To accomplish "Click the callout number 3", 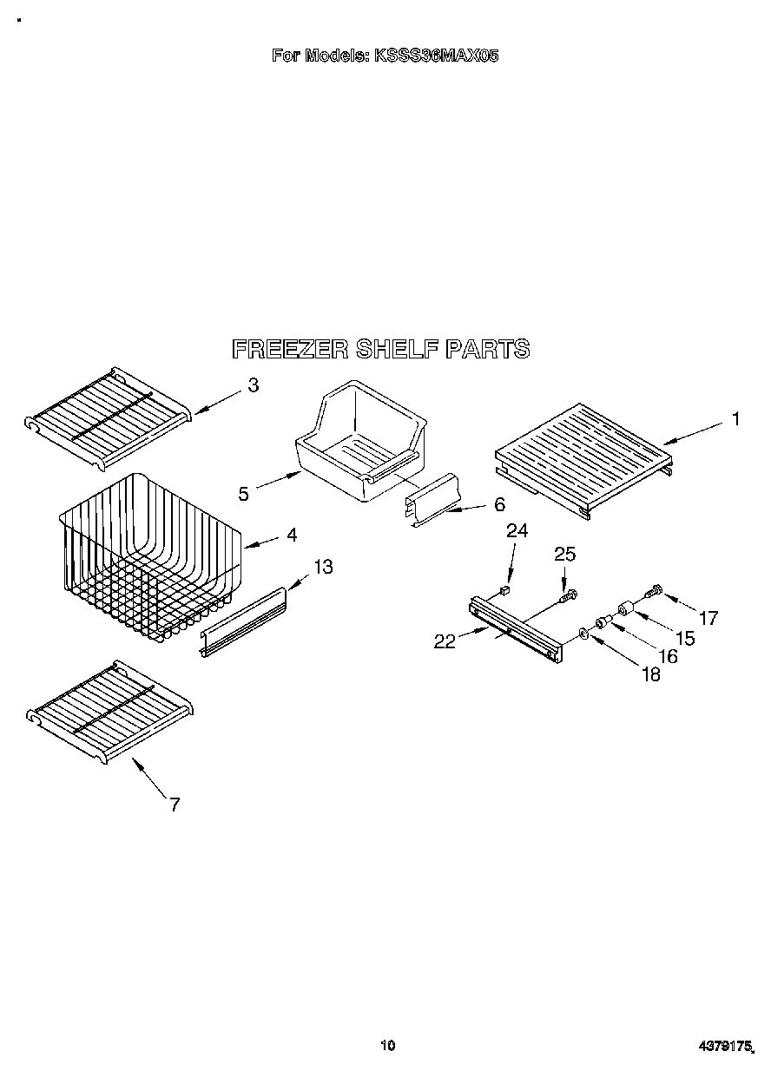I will [253, 385].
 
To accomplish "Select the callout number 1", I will [735, 419].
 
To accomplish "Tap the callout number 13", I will [323, 567].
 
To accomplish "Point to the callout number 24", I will [517, 530].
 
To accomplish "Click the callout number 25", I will [564, 554].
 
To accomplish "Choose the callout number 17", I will [708, 618].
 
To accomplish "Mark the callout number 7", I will [175, 805].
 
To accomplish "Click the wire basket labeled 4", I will [148, 560].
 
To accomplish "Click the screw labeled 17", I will [653, 591].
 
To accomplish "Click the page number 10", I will [387, 1045].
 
